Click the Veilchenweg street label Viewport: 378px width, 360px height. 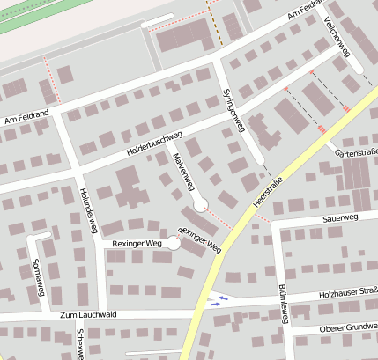coord(337,36)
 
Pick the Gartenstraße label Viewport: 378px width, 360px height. coord(357,153)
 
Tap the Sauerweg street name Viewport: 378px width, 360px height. coord(340,217)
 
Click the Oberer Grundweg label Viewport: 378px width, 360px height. coord(347,328)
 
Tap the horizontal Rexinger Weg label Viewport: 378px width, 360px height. coord(132,244)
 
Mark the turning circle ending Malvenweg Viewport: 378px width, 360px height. coord(200,205)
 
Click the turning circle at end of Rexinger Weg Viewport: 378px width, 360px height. coord(174,244)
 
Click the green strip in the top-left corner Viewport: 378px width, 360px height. coord(35,13)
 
